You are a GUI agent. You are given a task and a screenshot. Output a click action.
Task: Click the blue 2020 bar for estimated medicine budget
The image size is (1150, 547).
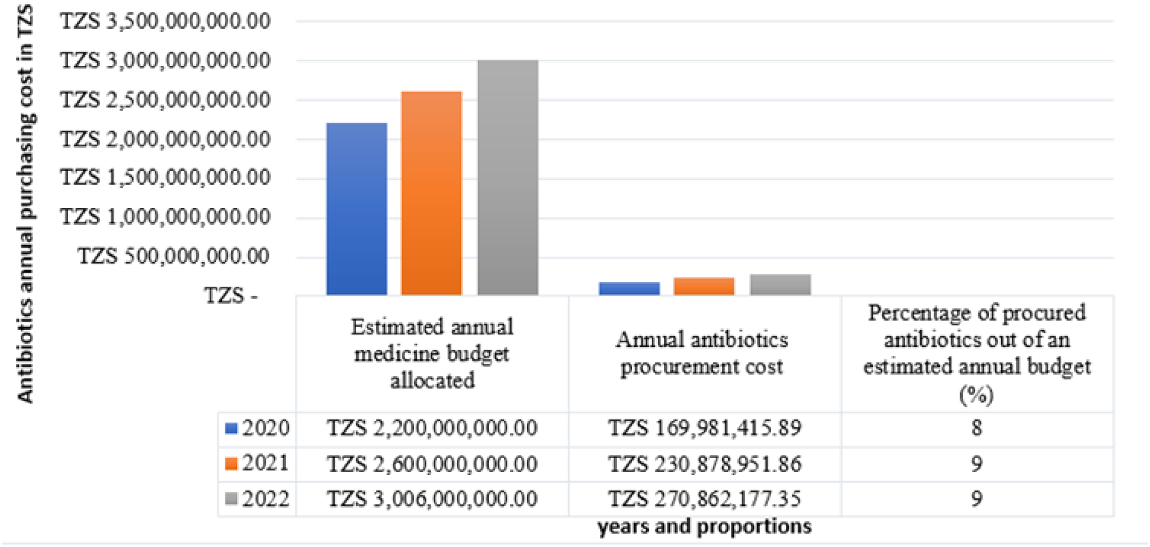[357, 209]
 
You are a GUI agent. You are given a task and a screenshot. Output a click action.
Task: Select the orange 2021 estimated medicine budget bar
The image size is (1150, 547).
[431, 193]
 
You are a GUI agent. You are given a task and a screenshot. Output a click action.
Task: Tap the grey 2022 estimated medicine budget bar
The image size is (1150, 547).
[508, 177]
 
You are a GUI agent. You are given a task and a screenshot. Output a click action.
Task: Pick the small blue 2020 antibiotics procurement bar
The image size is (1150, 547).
[629, 288]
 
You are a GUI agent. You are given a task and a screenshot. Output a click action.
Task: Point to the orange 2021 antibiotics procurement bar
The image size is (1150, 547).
[704, 286]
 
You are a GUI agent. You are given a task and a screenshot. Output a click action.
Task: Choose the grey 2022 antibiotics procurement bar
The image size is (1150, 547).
[780, 284]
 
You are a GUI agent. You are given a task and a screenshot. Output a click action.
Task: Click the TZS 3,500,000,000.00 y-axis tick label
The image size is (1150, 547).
[166, 21]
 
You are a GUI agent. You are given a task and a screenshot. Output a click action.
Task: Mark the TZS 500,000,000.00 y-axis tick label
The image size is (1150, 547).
[174, 256]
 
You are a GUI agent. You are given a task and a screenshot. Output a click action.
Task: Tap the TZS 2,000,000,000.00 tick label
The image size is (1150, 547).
[166, 139]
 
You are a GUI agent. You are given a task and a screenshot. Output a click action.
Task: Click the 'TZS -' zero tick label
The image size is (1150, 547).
[231, 295]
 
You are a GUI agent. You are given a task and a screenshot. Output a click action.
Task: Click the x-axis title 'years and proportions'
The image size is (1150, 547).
[704, 527]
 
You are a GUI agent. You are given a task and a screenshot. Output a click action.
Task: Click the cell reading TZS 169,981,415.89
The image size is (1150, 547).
[704, 428]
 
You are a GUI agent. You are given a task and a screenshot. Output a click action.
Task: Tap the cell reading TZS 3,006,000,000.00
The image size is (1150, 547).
[432, 499]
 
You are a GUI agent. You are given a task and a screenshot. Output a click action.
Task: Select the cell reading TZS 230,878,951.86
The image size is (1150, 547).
[704, 464]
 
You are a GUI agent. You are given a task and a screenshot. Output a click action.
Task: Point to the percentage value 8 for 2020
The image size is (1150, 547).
[977, 428]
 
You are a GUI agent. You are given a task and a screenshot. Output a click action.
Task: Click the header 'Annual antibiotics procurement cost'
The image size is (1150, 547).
[702, 353]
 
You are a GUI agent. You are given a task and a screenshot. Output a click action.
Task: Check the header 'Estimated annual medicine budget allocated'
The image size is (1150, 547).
[432, 353]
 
